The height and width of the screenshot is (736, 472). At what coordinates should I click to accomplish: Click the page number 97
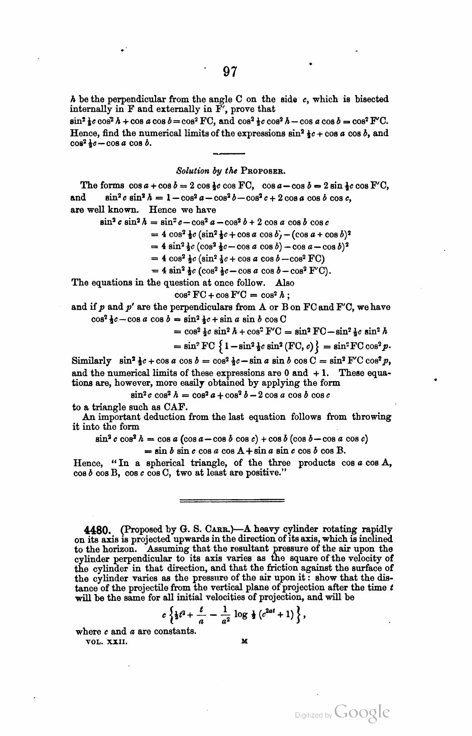pos(230,71)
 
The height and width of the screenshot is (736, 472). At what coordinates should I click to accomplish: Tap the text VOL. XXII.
pos(104,641)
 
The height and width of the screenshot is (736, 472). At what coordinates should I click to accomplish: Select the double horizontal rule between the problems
pos(232,500)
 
